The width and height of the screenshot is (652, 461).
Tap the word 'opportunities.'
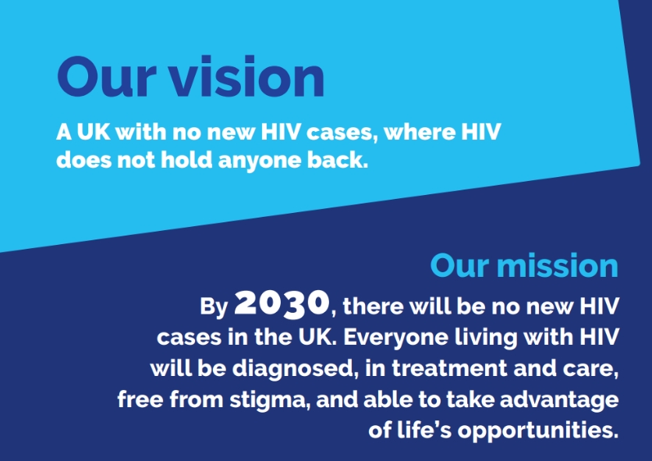click(x=537, y=430)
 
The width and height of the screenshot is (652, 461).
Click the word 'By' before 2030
click(x=214, y=306)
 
